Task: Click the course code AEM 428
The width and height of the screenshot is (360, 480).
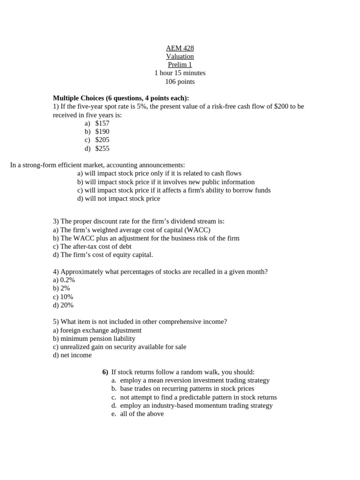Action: click(180, 48)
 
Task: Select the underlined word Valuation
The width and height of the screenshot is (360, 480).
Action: click(180, 56)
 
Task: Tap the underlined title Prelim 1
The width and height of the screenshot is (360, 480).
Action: click(180, 65)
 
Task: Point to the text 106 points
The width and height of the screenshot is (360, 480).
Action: click(180, 82)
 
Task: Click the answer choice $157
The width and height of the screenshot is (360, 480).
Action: click(102, 123)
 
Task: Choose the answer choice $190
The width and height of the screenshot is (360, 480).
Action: click(102, 132)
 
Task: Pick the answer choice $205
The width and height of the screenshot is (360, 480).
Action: click(102, 140)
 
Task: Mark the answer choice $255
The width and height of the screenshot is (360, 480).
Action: click(102, 149)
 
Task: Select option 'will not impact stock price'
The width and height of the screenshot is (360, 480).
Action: click(122, 198)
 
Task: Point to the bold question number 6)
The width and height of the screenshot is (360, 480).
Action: click(105, 372)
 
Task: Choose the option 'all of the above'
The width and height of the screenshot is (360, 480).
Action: click(142, 414)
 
